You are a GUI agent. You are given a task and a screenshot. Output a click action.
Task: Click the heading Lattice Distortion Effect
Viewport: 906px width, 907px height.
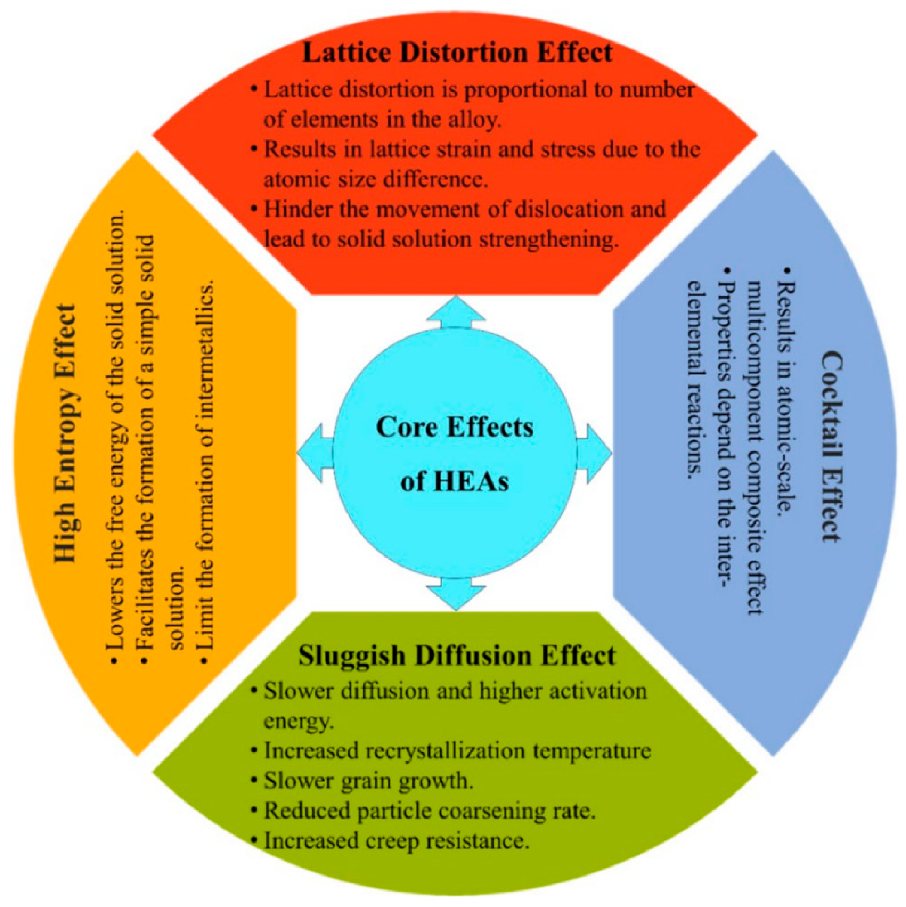457,52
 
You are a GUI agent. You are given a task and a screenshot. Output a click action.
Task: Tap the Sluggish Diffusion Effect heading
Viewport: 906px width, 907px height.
456,655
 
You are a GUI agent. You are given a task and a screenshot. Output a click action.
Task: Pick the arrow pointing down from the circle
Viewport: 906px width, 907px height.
456,593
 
